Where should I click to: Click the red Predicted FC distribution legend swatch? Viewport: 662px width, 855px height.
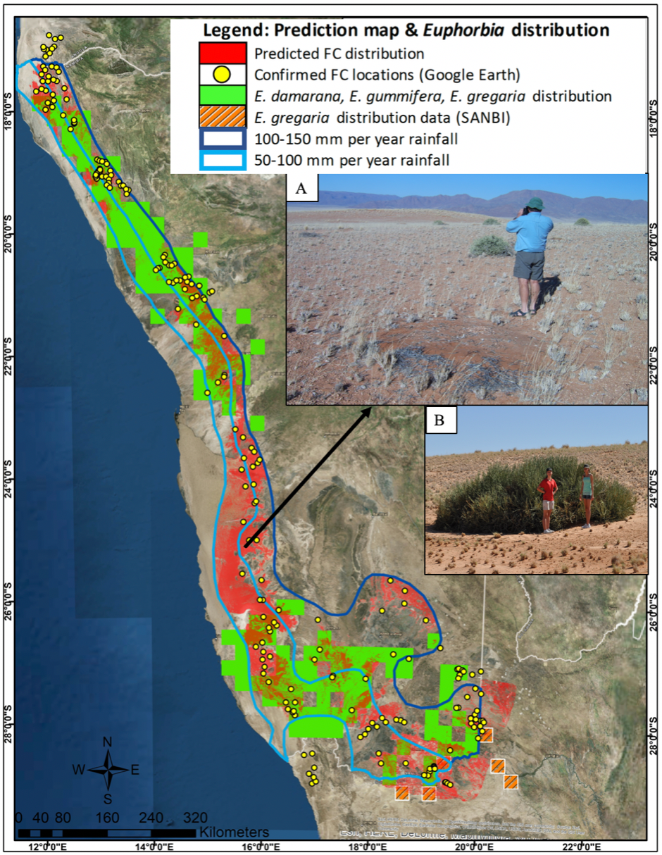pos(222,53)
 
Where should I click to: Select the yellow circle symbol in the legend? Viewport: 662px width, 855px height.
pos(222,74)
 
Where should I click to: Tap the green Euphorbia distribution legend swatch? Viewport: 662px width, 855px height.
pos(222,95)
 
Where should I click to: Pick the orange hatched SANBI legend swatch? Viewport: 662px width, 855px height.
pos(222,117)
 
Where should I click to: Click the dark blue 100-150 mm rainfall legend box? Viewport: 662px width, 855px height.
pos(222,138)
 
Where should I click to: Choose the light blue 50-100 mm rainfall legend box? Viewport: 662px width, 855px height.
pos(222,160)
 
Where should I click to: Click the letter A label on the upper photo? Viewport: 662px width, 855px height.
pos(302,189)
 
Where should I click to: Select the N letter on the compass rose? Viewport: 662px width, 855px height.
pos(108,742)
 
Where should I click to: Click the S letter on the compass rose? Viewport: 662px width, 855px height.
pos(108,798)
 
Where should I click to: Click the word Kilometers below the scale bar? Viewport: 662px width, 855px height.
pos(234,832)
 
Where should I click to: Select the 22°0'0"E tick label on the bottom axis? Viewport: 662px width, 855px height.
pos(580,846)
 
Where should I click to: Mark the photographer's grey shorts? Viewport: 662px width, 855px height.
pos(528,265)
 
